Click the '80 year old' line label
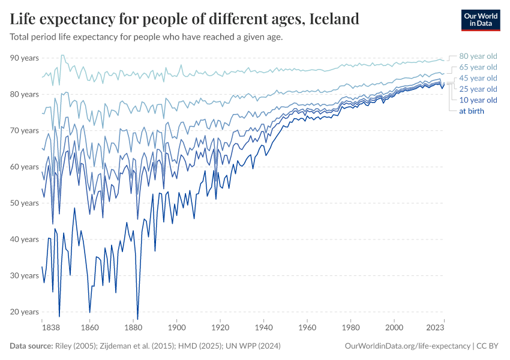click(x=478, y=56)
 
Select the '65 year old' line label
click(x=478, y=67)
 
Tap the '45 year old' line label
click(x=478, y=78)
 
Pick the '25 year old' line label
click(x=478, y=89)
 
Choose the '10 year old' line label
click(x=478, y=100)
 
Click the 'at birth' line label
click(x=472, y=110)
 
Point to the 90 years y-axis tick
click(x=24, y=58)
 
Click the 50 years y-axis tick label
click(x=24, y=203)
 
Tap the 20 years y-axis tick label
click(x=24, y=312)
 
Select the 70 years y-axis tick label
click(x=24, y=130)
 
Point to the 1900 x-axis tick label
click(x=176, y=329)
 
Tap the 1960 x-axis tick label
click(x=307, y=329)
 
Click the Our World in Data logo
click(x=481, y=20)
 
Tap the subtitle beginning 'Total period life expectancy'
click(x=146, y=37)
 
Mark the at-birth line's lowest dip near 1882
click(x=137, y=319)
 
